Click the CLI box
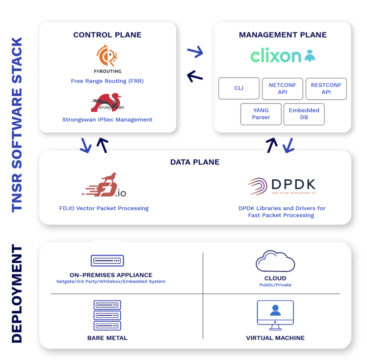click(x=239, y=88)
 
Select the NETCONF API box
click(x=282, y=88)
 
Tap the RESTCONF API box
click(x=326, y=88)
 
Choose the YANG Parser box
click(x=260, y=114)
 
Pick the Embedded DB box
click(x=304, y=114)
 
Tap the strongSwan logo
click(x=107, y=103)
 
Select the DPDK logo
click(x=282, y=186)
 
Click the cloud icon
click(x=275, y=262)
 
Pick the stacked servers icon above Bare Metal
click(x=107, y=316)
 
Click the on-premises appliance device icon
click(x=107, y=261)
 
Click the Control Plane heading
click(x=107, y=35)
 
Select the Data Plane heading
click(x=195, y=162)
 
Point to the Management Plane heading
click(x=282, y=35)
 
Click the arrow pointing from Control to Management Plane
click(x=195, y=51)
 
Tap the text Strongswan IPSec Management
click(x=107, y=120)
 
